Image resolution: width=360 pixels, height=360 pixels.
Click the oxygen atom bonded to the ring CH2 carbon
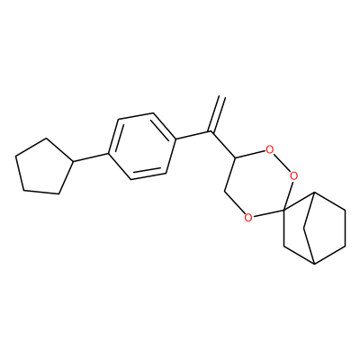coord(248,217)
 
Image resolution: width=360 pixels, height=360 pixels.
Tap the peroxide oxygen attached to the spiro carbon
coord(294,175)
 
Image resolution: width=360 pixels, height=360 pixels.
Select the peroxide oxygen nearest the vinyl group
coord(270,149)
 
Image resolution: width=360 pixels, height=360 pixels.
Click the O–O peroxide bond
coord(282,162)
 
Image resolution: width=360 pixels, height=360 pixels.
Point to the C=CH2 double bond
coord(217,114)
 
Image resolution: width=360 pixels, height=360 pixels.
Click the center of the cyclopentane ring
coord(43,166)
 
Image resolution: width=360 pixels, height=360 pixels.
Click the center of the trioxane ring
coord(259,183)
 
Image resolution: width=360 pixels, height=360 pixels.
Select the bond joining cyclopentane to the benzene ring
coord(91,157)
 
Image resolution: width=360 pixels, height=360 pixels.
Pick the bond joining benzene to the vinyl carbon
coord(193,135)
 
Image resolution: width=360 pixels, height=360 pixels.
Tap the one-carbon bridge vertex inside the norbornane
coord(304,228)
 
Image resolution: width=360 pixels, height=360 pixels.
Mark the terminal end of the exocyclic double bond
coord(222,96)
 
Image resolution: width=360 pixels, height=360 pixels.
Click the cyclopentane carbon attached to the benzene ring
coord(73,162)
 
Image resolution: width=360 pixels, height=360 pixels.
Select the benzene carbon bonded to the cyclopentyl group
coord(108,154)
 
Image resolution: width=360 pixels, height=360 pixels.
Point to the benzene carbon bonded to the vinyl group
coord(175,139)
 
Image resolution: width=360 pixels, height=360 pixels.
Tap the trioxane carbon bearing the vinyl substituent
coord(235,158)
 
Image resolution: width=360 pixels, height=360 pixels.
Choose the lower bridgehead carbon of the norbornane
coord(314,265)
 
